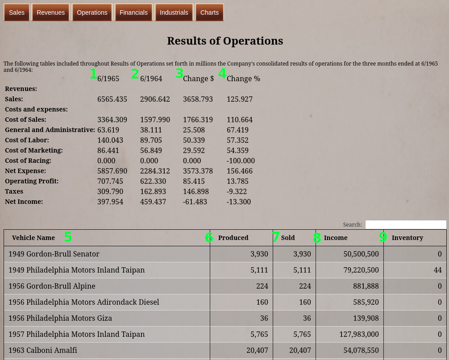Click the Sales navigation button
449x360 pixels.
pyautogui.click(x=17, y=12)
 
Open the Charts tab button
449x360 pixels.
pyautogui.click(x=209, y=12)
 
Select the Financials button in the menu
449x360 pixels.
pyautogui.click(x=133, y=12)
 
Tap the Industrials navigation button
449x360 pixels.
pyautogui.click(x=174, y=12)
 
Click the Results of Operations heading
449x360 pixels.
pyautogui.click(x=225, y=41)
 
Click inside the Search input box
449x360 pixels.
pyautogui.click(x=405, y=225)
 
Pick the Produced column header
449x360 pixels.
pyautogui.click(x=233, y=238)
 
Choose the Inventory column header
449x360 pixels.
pyautogui.click(x=407, y=238)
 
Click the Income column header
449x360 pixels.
pyautogui.click(x=335, y=238)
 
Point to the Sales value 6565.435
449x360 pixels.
pyautogui.click(x=112, y=99)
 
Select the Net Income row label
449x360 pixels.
pyautogui.click(x=24, y=202)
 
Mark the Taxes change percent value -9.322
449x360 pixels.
pyautogui.click(x=237, y=191)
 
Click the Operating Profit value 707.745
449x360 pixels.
pyautogui.click(x=110, y=181)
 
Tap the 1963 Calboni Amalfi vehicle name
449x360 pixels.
pyautogui.click(x=43, y=350)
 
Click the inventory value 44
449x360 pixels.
pyautogui.click(x=437, y=270)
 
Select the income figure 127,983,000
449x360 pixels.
pyautogui.click(x=359, y=334)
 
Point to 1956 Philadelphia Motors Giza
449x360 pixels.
pyautogui.click(x=60, y=318)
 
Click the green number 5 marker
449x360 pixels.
pyautogui.click(x=68, y=237)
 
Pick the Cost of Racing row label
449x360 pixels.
pyautogui.click(x=28, y=161)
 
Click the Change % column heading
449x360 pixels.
pyautogui.click(x=243, y=79)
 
